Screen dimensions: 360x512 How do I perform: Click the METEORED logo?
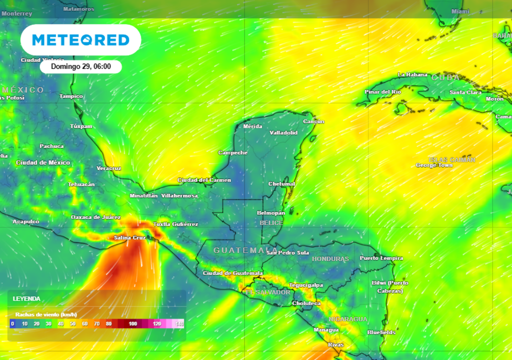click(80, 40)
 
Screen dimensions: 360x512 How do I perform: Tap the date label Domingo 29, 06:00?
click(81, 66)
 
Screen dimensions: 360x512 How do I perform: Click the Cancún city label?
click(313, 121)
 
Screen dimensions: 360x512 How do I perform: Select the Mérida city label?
click(252, 126)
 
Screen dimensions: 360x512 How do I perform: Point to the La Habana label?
click(412, 75)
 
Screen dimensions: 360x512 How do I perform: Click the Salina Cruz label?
click(129, 237)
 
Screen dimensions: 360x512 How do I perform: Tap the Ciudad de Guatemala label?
click(232, 273)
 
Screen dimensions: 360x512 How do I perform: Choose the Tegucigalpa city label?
click(305, 285)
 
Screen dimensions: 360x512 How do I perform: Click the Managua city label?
click(326, 330)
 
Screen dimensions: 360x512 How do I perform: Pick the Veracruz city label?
click(108, 168)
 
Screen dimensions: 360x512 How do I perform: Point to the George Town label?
click(434, 165)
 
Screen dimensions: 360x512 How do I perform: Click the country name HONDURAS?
click(330, 259)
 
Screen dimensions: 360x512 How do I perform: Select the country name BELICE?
click(271, 223)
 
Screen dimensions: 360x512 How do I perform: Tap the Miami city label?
click(460, 11)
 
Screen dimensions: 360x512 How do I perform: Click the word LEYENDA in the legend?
click(26, 298)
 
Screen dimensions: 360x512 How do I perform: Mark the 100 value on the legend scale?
click(133, 324)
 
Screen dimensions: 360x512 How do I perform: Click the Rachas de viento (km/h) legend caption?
click(46, 314)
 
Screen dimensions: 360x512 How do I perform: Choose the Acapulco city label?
click(26, 221)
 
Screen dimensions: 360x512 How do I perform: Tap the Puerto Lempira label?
click(381, 258)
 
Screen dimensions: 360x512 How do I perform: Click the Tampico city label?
click(71, 96)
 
